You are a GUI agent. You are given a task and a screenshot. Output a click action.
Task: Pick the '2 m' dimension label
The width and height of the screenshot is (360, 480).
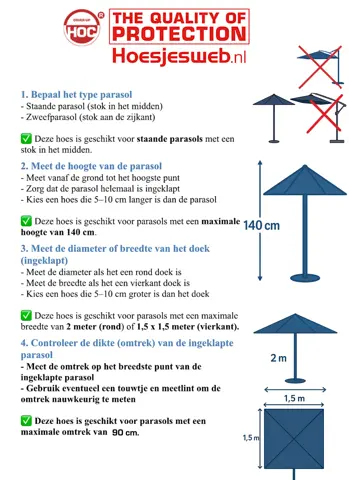(x=279, y=357)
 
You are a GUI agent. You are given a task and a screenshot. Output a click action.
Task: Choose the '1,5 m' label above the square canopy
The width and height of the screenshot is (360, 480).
(x=294, y=398)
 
